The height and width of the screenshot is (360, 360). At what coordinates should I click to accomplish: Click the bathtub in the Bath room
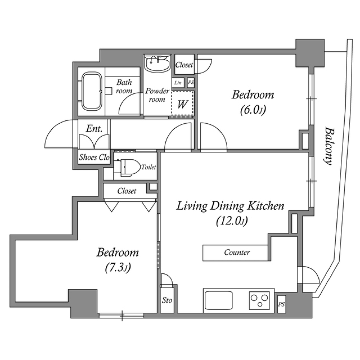pos(92,91)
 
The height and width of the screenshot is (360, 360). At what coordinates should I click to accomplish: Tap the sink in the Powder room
pos(157,63)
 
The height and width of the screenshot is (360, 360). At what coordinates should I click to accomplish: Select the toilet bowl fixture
pos(127,167)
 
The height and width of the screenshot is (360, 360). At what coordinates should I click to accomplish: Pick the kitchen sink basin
pos(218,300)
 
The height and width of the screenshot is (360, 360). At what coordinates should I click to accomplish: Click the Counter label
pos(237,252)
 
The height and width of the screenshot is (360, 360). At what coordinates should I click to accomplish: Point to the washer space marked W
pos(182,105)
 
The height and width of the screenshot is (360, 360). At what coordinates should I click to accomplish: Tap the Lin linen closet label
pos(178,82)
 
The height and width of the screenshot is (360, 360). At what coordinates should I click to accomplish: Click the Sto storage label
pos(167,300)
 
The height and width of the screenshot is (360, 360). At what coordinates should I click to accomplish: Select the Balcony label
pos(329,146)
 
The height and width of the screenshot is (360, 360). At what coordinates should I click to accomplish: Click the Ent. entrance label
pos(94,129)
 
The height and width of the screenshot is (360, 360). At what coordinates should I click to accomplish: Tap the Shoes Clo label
pos(94,157)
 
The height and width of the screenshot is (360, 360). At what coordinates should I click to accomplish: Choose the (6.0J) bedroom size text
pos(253,110)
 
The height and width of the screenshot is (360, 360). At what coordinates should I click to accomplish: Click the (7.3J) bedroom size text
pos(118,268)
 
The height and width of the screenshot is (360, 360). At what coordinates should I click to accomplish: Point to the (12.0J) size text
pos(232,221)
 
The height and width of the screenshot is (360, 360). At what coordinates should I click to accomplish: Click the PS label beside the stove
pos(281,304)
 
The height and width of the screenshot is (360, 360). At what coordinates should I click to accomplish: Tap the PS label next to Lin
pos(191,82)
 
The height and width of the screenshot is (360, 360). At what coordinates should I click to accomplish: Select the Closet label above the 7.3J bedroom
pos(127,191)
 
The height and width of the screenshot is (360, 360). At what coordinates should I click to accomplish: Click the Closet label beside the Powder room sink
pos(184,65)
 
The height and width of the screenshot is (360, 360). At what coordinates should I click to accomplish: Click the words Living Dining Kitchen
pos(230,206)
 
